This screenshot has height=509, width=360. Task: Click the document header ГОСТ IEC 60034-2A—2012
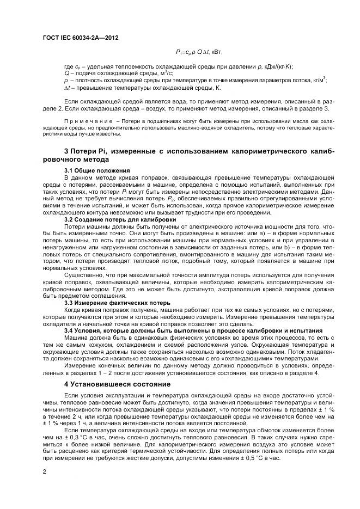tap(80, 38)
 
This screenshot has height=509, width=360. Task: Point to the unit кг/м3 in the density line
tap(318, 80)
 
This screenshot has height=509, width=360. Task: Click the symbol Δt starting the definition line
tap(68, 87)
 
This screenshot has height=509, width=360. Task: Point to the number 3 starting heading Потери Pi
tap(66, 150)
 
